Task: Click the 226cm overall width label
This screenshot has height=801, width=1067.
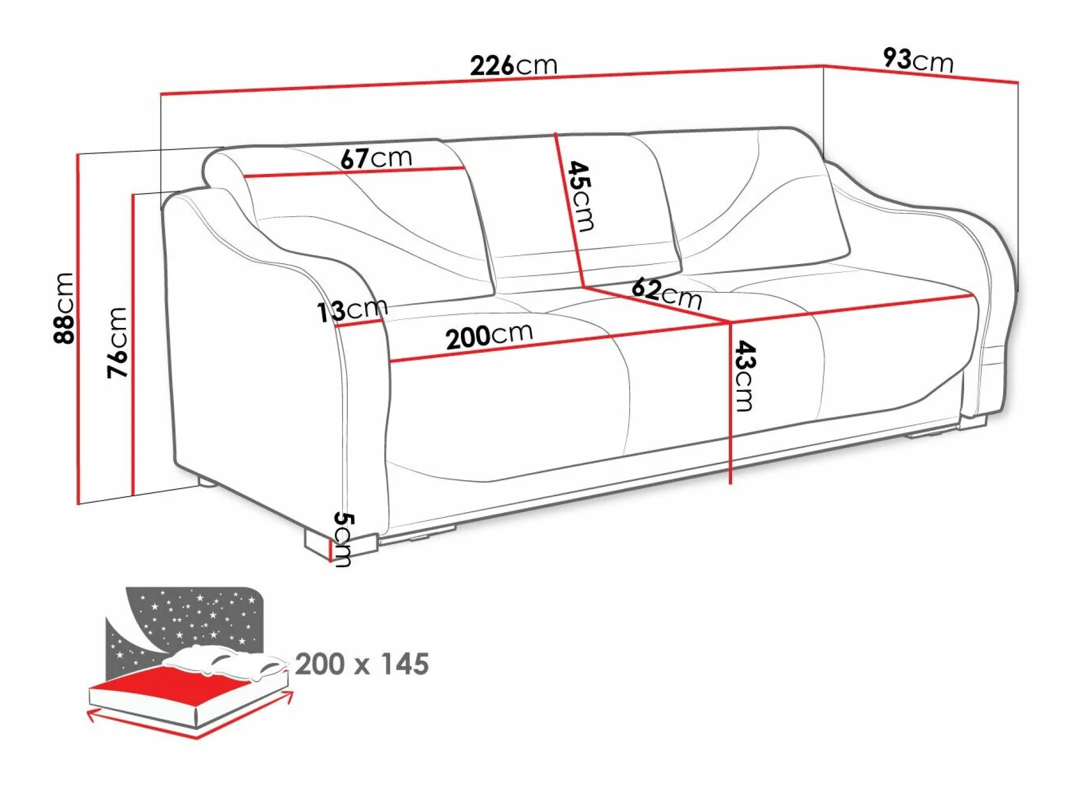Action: click(513, 65)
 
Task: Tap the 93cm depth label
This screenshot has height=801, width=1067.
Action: click(918, 60)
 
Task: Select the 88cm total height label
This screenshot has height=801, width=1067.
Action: click(64, 308)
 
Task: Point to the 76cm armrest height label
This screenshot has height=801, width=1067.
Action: click(117, 342)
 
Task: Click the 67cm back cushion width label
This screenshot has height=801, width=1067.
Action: click(376, 158)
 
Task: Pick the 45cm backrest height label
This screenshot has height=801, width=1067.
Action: click(581, 196)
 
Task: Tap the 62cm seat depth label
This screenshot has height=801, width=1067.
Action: click(667, 294)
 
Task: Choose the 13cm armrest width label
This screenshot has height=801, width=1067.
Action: click(353, 311)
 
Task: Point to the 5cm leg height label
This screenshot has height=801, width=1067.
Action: click(344, 539)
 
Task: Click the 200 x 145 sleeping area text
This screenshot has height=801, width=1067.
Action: click(362, 664)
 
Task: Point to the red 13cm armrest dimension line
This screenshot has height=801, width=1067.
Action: click(359, 322)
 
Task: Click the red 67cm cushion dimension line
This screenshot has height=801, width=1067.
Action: click(354, 172)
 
